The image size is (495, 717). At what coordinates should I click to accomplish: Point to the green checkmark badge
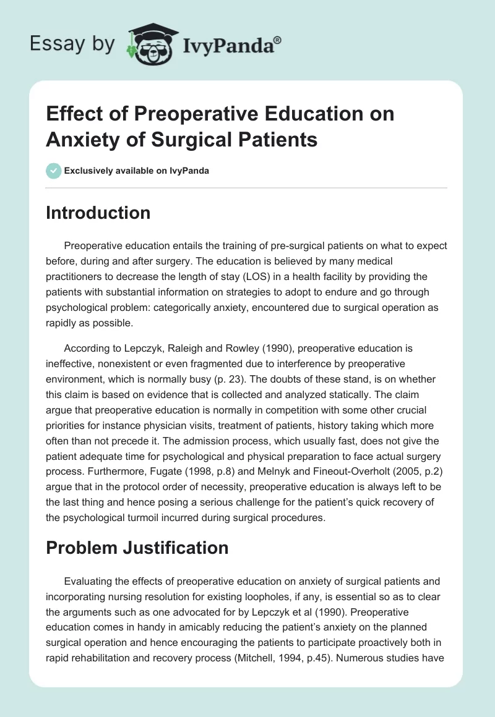tap(54, 171)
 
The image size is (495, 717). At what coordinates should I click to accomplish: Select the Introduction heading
tap(98, 213)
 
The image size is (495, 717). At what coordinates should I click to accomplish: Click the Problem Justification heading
tap(137, 547)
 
